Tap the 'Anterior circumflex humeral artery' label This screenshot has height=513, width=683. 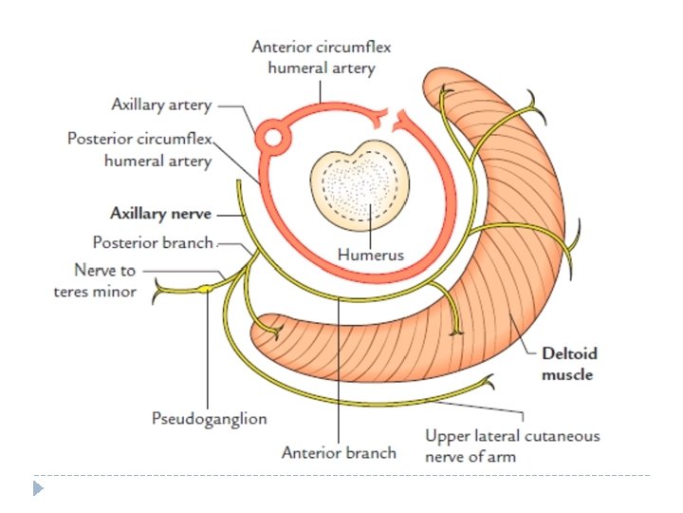coord(323,57)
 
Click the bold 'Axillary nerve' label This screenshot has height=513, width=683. coord(160,214)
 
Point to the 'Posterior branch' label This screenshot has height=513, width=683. coord(154,243)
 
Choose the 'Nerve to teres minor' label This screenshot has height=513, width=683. coord(94,281)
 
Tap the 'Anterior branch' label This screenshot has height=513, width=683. coord(339,452)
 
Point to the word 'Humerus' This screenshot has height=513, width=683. coord(371,255)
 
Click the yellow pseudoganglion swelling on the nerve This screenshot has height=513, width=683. coord(206,288)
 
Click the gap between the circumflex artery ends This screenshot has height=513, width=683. coord(389,120)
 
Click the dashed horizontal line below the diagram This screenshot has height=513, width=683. coord(341,474)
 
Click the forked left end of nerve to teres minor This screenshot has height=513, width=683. coord(157,287)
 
